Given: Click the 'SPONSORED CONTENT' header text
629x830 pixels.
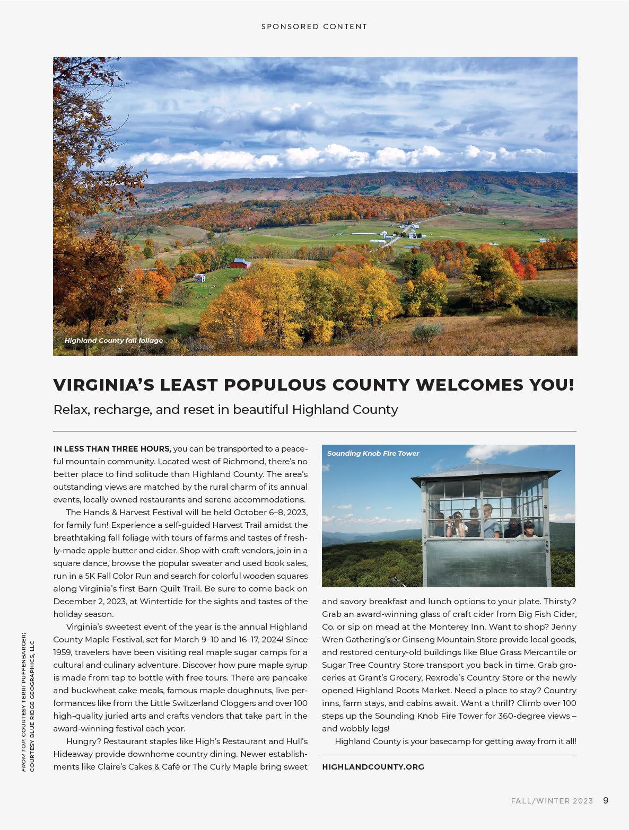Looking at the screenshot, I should coord(314,27).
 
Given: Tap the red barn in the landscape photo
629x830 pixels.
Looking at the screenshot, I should coord(240,263).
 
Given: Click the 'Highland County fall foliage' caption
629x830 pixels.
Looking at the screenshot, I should coord(113,340).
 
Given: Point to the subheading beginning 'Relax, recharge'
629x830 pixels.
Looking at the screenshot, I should coord(225,410).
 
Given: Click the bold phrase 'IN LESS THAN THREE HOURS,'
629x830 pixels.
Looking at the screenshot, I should coord(112,449).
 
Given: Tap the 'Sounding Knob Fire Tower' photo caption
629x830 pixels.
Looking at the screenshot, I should coord(373,454).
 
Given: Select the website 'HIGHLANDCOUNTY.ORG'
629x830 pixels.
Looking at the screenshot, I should coord(373,767).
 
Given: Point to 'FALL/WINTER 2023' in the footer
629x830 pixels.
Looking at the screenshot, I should coord(552,801).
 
